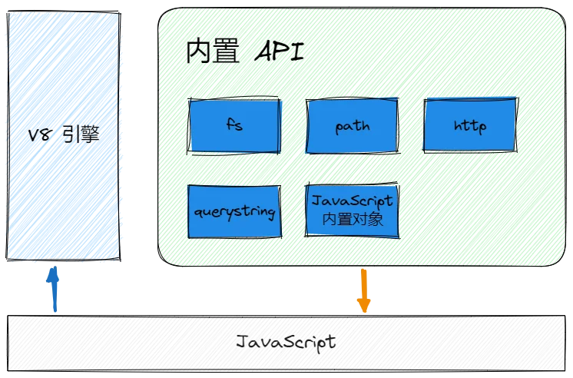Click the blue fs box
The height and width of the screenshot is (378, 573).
234,124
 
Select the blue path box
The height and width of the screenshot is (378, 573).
353,125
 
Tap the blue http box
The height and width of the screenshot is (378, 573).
470,124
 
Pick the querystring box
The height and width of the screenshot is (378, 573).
234,211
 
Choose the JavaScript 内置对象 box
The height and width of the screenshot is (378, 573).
353,210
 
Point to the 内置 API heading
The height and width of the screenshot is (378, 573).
244,52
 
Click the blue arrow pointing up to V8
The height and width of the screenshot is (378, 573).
54,288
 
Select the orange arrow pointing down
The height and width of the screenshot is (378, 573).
364,290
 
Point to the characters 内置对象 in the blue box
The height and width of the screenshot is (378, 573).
353,219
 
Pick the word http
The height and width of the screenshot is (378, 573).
470,125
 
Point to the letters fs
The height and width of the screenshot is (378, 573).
234,124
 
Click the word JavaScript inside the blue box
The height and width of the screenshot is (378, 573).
353,201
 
